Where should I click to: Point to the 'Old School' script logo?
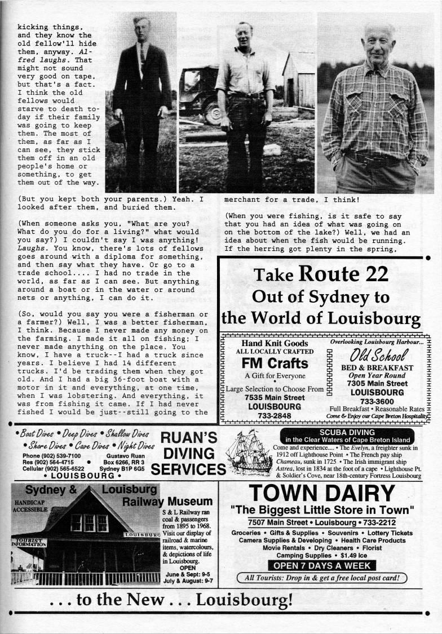pyautogui.click(x=378, y=356)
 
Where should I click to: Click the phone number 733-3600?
pyautogui.click(x=377, y=401)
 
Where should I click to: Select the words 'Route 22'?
pyautogui.click(x=343, y=274)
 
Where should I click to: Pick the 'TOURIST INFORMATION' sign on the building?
pyautogui.click(x=27, y=543)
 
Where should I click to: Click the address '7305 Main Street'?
pyautogui.click(x=377, y=384)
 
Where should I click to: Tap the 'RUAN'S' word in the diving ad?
pyautogui.click(x=189, y=437)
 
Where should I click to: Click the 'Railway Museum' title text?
pyautogui.click(x=176, y=501)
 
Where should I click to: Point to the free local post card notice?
pyautogui.click(x=322, y=578)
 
